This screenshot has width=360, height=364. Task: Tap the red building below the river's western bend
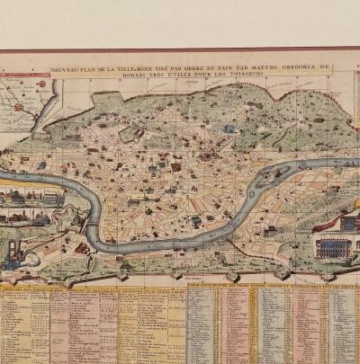82,248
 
